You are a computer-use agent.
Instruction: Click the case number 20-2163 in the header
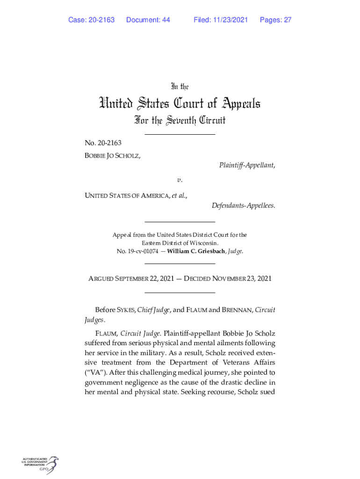point(99,20)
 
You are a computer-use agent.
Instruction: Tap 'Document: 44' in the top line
point(148,20)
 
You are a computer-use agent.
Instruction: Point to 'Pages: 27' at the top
point(276,20)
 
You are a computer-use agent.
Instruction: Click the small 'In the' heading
point(180,87)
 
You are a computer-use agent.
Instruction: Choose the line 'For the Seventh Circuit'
point(180,121)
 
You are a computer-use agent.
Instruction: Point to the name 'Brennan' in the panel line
point(238,310)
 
